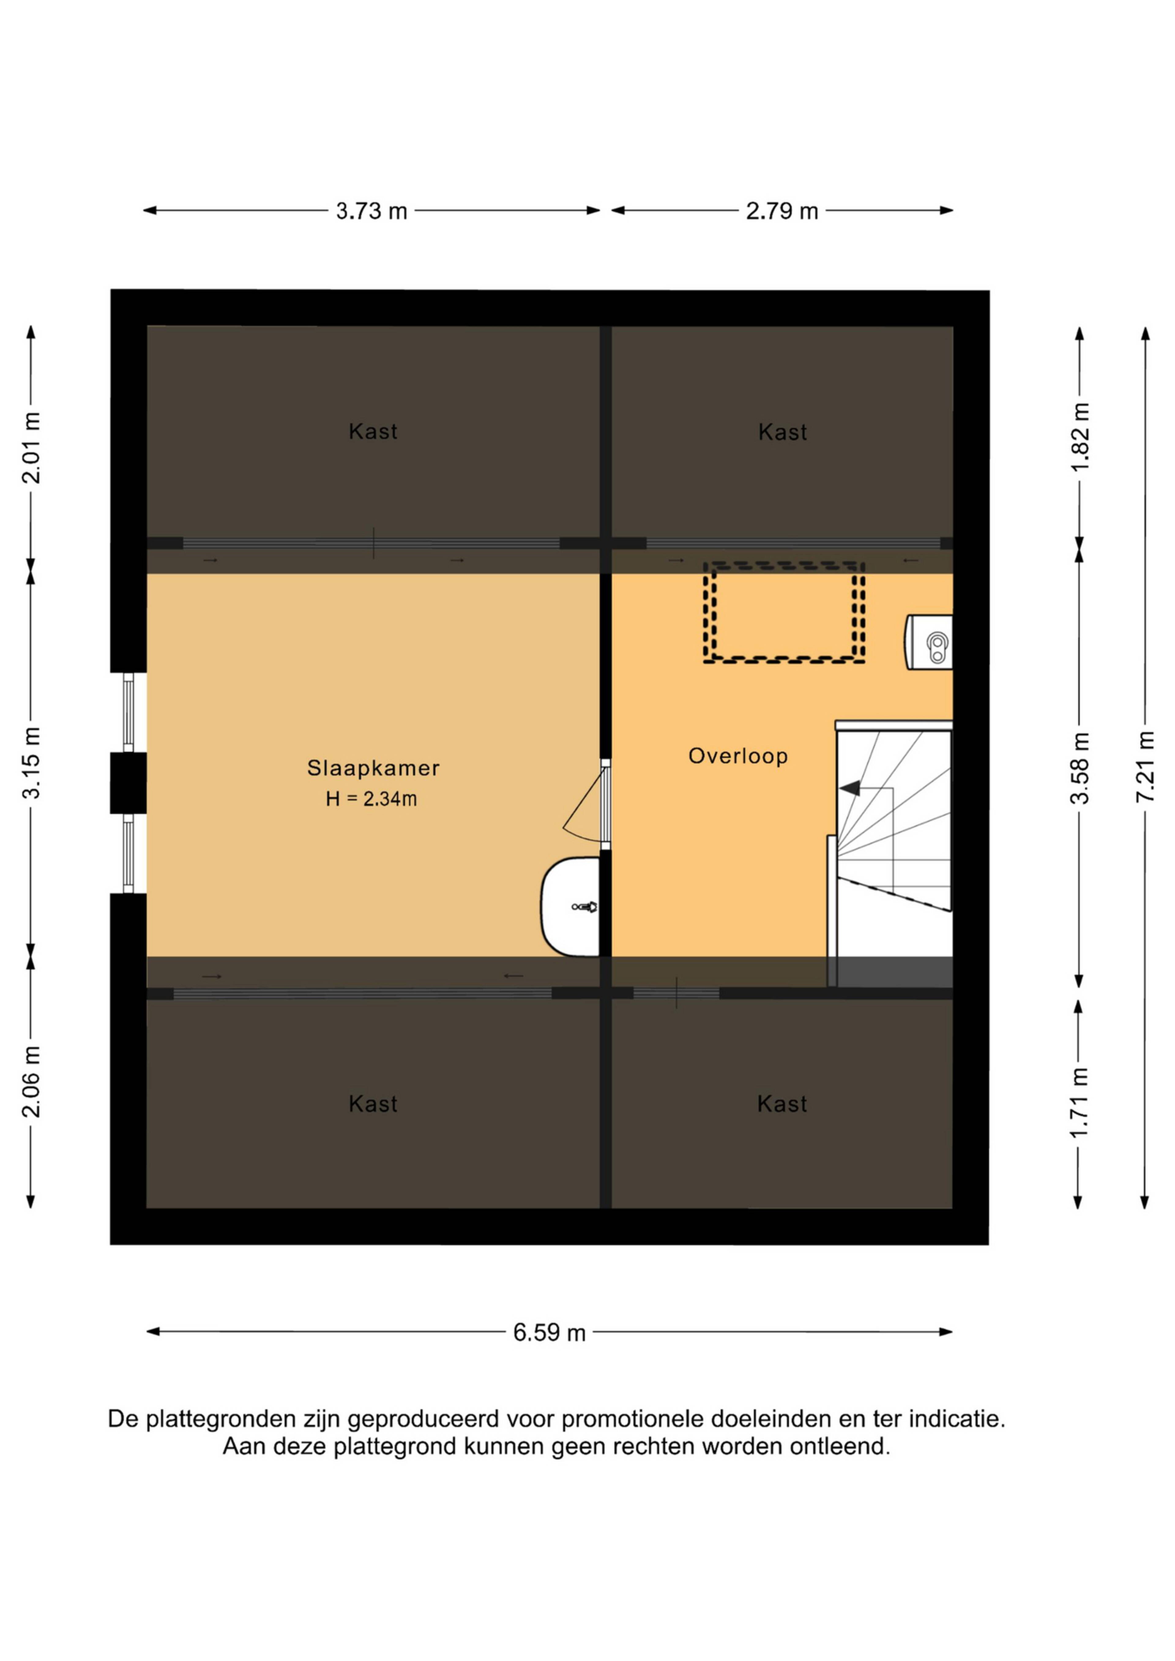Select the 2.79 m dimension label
click(x=782, y=211)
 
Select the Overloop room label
click(x=738, y=756)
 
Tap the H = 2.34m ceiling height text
click(x=371, y=799)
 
